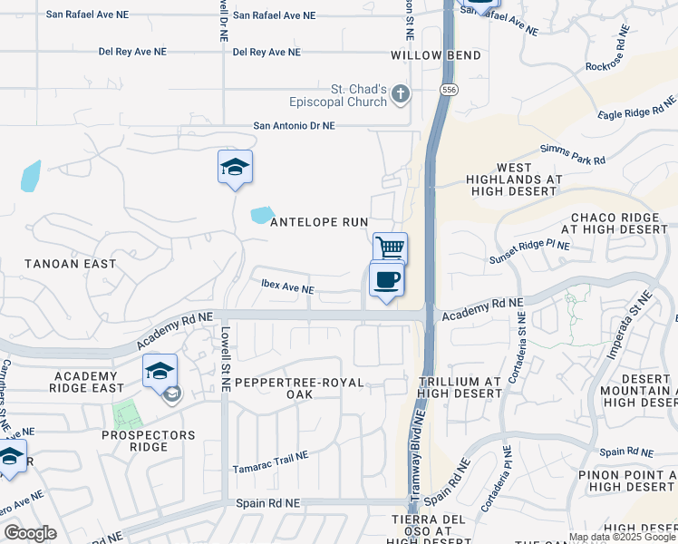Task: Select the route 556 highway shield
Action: tap(449, 91)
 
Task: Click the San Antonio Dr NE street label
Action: tap(294, 126)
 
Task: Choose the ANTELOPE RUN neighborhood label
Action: tap(319, 222)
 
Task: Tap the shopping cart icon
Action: tap(390, 248)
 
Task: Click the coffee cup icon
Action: tap(386, 279)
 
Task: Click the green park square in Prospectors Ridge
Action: tap(127, 415)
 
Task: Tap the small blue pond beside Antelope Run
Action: tap(263, 216)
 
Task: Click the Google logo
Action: tap(30, 533)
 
